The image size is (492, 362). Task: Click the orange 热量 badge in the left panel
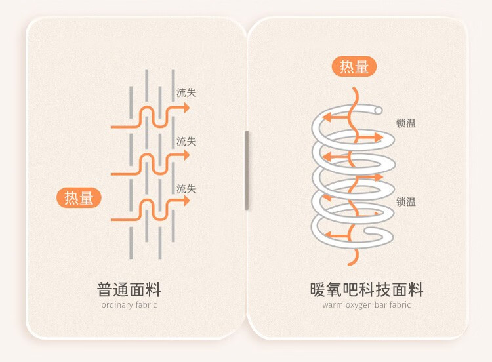pos(79,197)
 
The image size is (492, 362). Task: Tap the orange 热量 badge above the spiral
pos(354,67)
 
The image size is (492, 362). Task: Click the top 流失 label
pos(186,93)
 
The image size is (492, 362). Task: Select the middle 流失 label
pos(186,142)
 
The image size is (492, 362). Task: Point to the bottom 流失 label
pos(186,189)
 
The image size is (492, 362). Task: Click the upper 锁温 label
pos(406,123)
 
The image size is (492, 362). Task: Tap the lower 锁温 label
pos(406,202)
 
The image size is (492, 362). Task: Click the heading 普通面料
pos(129,290)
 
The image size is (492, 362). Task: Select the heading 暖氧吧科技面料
pos(367,290)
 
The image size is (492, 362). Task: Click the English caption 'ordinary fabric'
pos(129,305)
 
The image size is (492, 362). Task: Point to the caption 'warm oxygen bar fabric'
pos(367,305)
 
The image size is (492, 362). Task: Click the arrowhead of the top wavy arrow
pos(186,108)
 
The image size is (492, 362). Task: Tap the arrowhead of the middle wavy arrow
pos(186,155)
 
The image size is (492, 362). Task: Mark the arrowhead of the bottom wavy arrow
pos(186,201)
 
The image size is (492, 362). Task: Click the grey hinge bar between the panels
pos(247,171)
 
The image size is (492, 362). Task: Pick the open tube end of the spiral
pos(378,109)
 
